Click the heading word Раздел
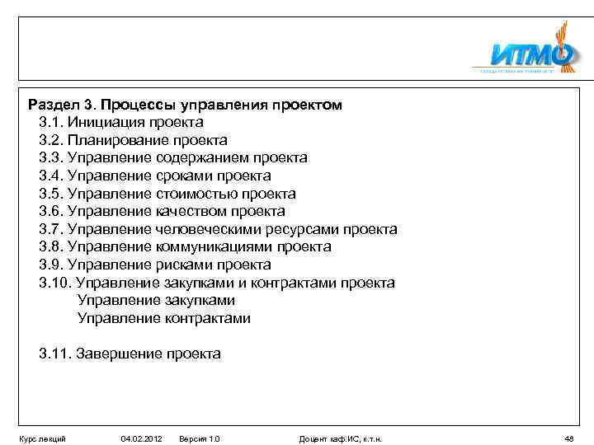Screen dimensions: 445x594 53,105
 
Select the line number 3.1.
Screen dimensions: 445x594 51,122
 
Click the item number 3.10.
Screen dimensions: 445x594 54,283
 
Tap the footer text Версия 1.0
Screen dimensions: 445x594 200,438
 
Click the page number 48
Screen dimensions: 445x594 569,438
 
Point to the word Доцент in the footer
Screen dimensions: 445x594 313,438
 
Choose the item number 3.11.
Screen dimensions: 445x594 54,354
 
